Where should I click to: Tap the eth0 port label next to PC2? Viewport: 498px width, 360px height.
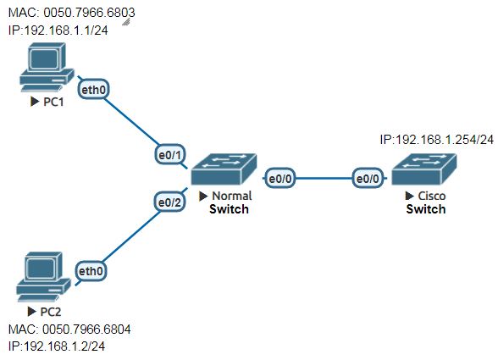click(x=91, y=271)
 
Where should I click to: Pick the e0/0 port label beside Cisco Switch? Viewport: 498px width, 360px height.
click(x=368, y=179)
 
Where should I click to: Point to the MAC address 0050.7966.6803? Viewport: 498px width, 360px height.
click(x=85, y=14)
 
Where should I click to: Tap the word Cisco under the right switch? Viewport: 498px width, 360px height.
click(x=432, y=197)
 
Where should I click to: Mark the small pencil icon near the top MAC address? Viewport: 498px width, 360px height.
click(x=127, y=22)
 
